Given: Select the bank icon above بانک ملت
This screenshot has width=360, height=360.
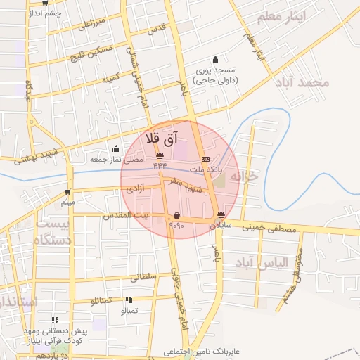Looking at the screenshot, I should click(205, 159).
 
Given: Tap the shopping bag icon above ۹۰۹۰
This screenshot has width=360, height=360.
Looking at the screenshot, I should click(176, 215).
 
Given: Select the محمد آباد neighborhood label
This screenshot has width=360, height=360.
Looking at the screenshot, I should click(302, 82).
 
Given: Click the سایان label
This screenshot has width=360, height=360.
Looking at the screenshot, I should click(221, 226).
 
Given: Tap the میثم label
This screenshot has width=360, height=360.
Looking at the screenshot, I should click(67, 203).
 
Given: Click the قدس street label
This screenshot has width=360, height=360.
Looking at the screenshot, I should click(157, 27).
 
